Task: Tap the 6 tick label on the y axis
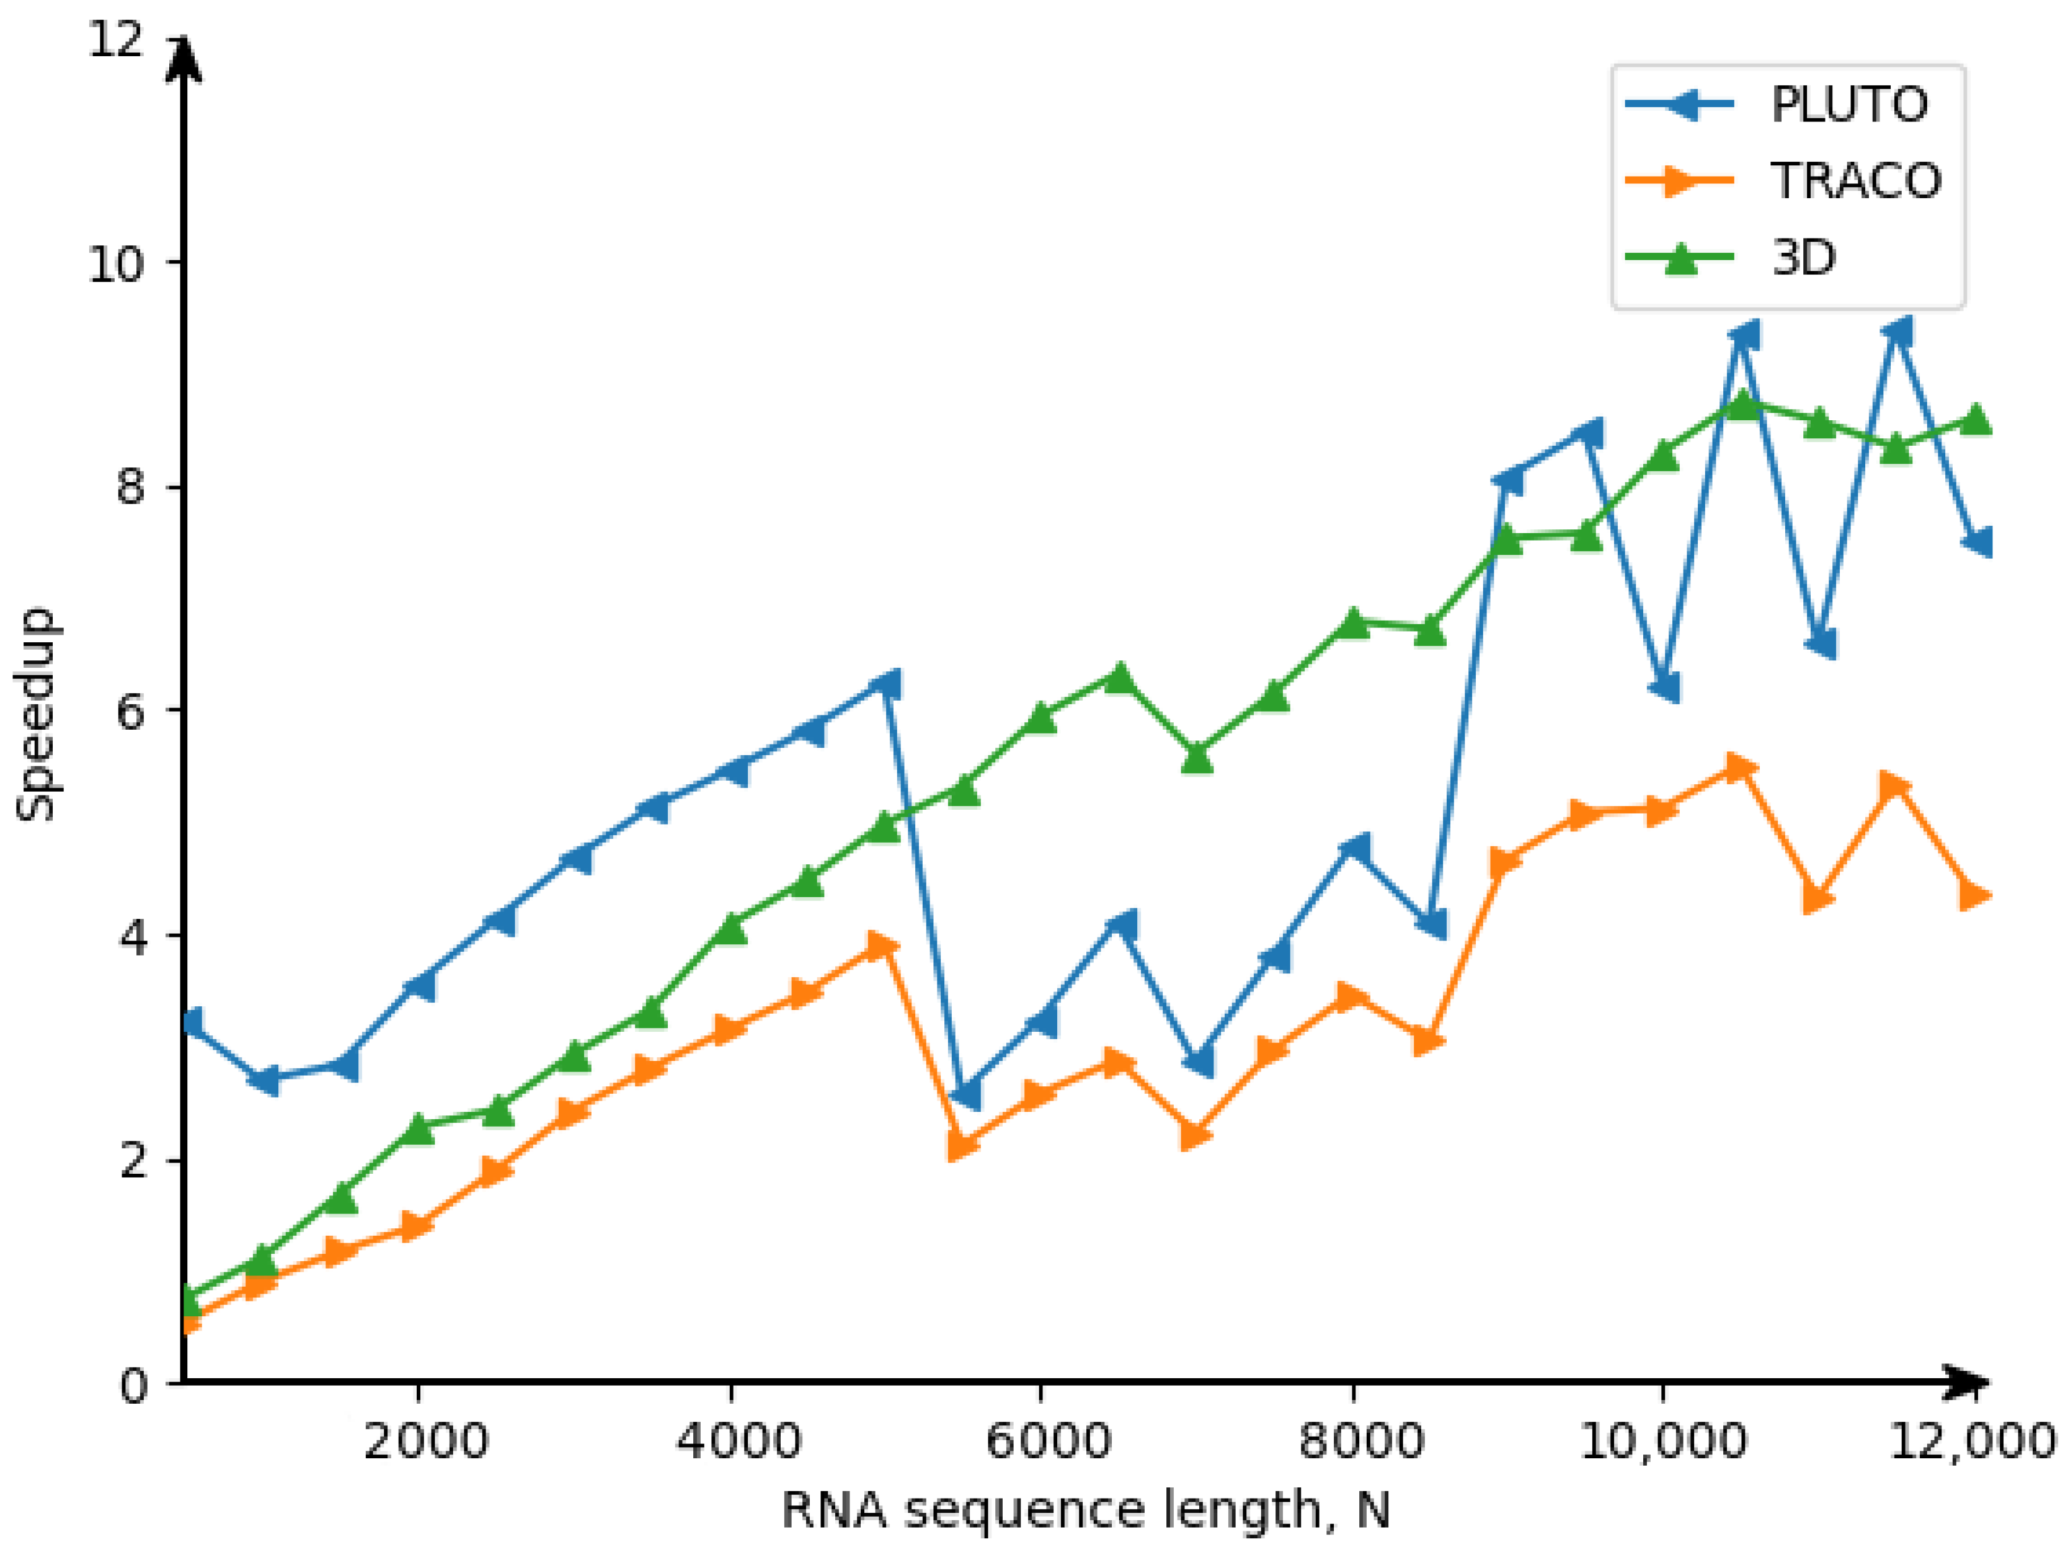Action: pos(131,712)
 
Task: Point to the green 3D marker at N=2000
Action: pos(419,1128)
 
